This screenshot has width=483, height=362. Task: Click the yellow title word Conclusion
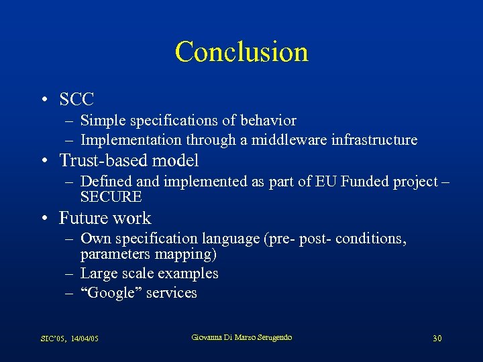[241, 52]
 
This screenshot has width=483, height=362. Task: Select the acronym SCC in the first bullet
[76, 100]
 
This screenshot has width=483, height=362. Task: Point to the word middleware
[268, 140]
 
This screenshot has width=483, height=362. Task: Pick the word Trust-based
[104, 160]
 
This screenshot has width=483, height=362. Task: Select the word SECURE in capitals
[111, 197]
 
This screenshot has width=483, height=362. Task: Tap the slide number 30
[437, 339]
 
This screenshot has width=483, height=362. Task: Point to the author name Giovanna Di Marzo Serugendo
[241, 337]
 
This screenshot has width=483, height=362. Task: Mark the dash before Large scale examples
[70, 274]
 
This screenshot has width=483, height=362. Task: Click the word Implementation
[131, 140]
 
